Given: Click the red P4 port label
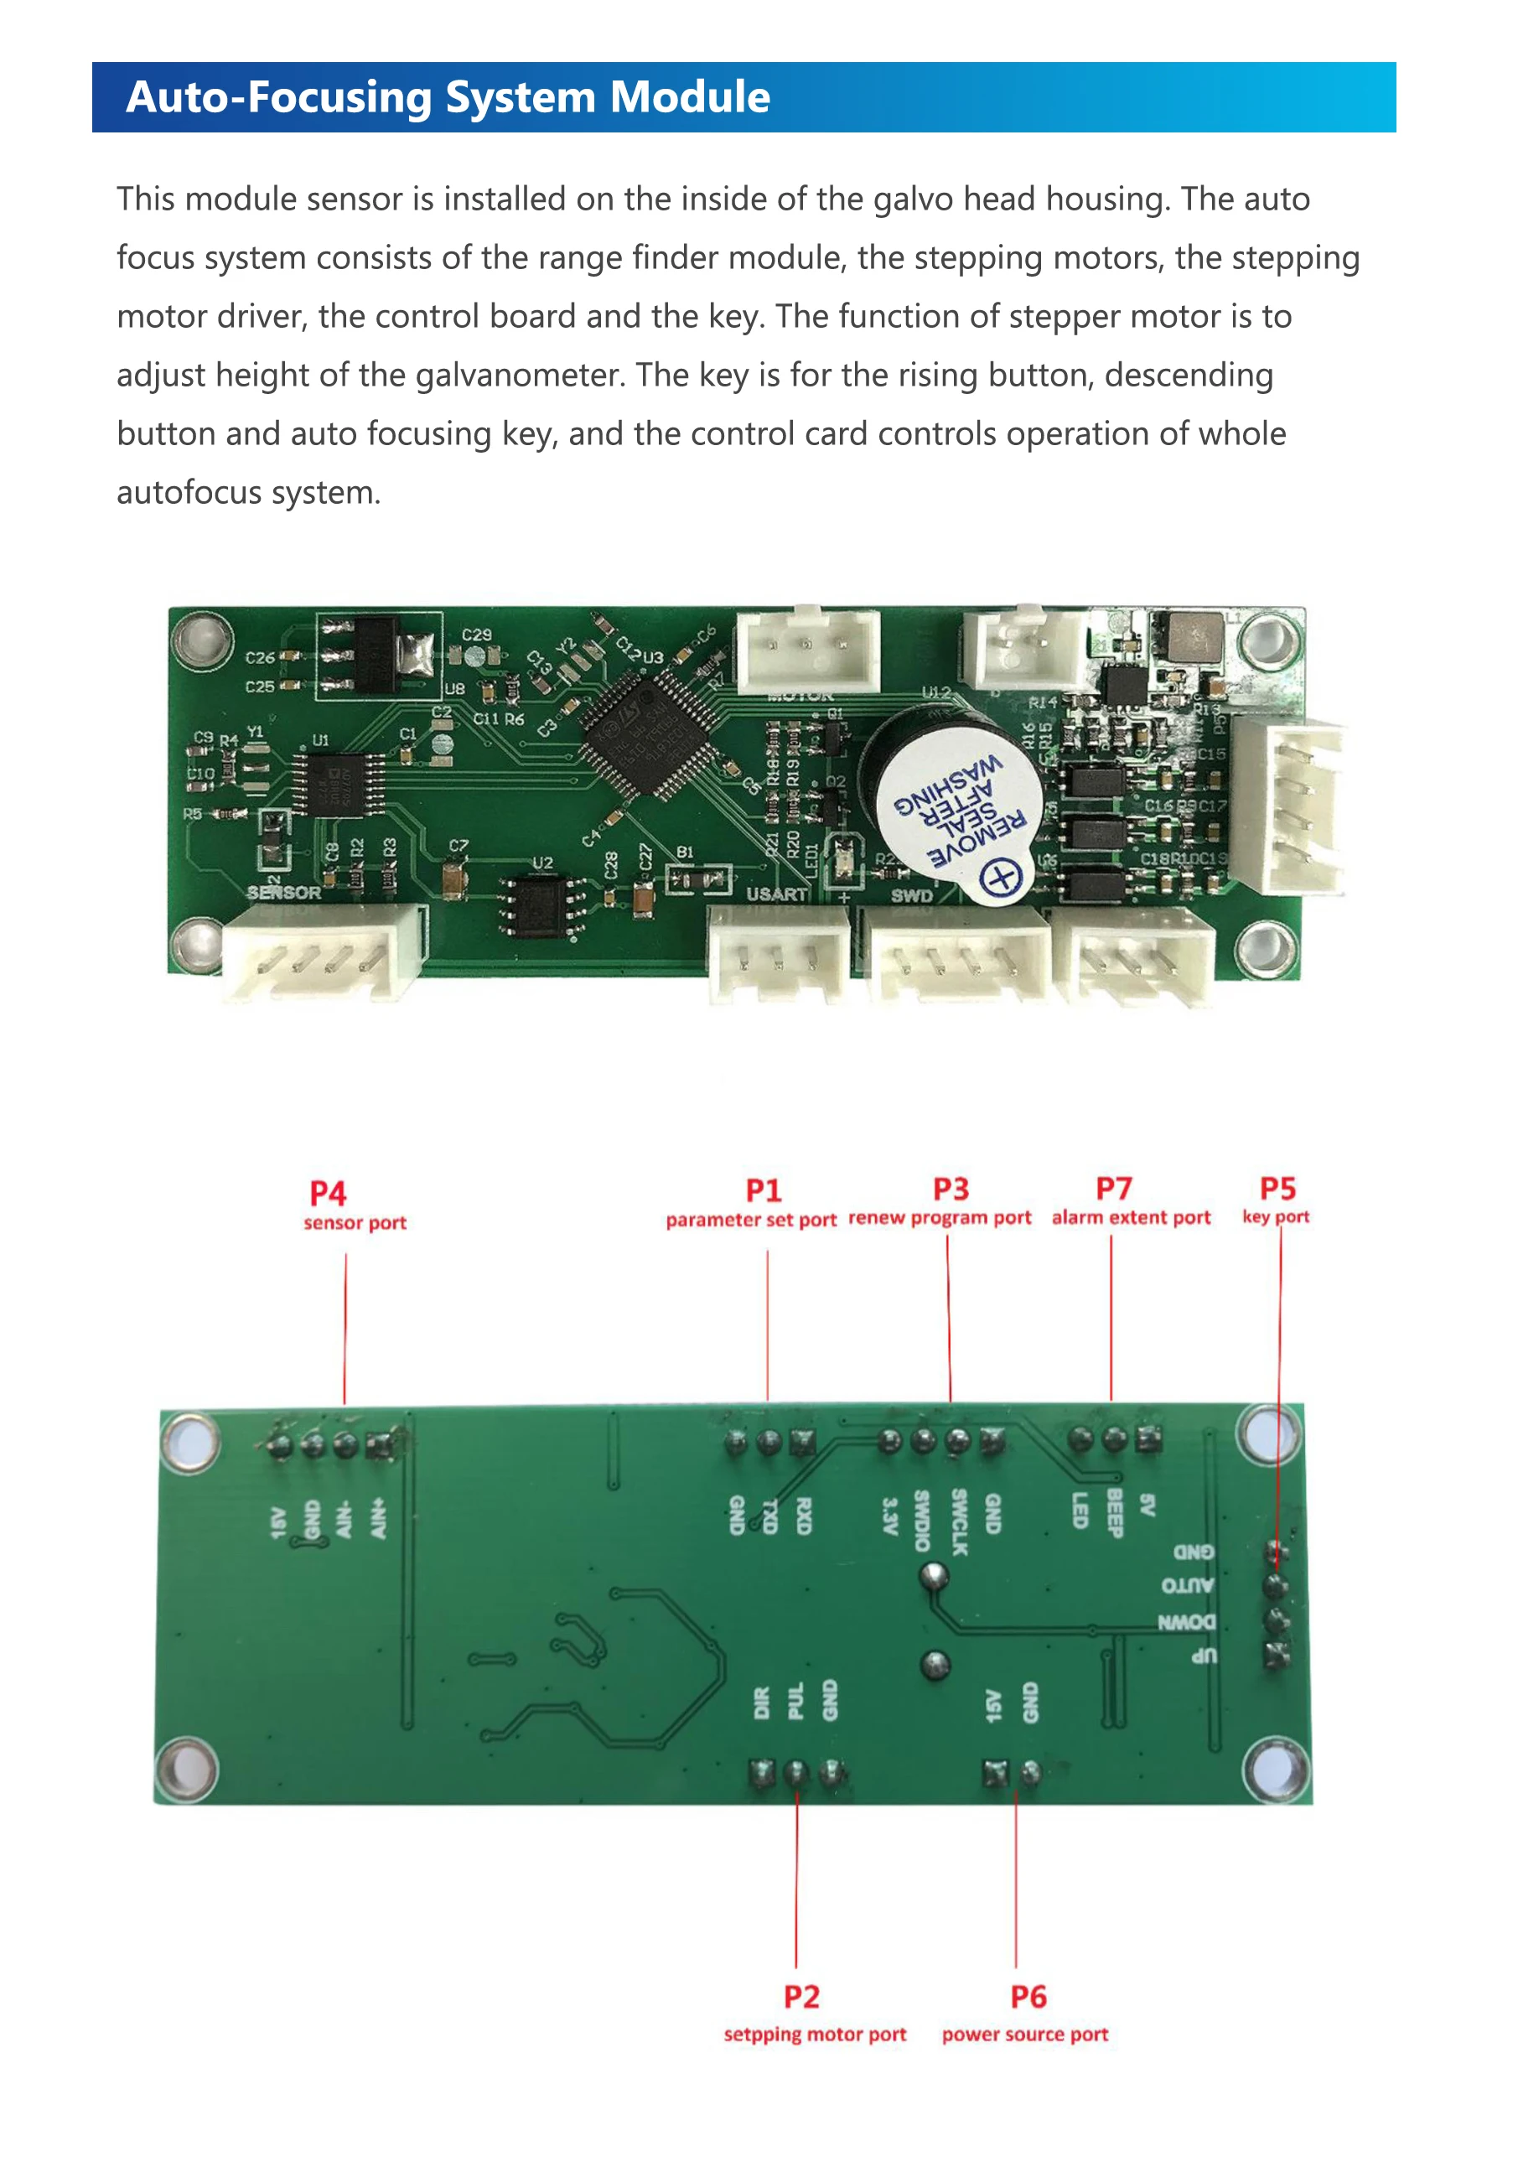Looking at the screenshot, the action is (328, 1193).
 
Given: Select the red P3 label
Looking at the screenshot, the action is (951, 1189).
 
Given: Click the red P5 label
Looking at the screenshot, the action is (1277, 1188).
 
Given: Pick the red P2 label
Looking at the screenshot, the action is (801, 1996).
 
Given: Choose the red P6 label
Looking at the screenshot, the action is (1028, 1996).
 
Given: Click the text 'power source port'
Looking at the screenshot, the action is (1024, 2034).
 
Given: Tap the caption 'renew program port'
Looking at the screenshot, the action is (939, 1217).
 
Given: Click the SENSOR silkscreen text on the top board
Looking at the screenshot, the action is (283, 893).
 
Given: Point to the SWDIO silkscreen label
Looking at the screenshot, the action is (922, 1520).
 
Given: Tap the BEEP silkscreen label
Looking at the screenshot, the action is (1115, 1513).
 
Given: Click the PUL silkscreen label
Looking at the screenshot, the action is (795, 1701).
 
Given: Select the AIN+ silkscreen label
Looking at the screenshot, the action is (379, 1518).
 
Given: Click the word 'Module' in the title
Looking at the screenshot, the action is (690, 97).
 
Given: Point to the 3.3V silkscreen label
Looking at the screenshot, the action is (889, 1516).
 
